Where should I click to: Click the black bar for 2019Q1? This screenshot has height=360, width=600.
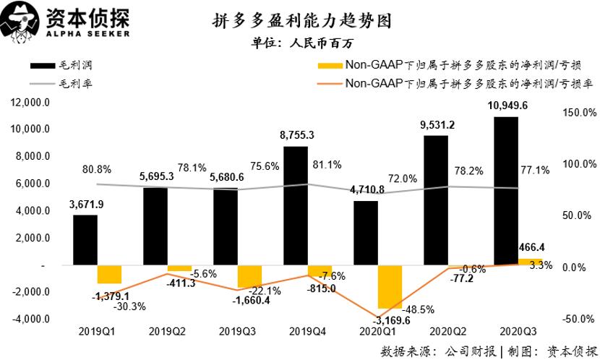coord(85,240)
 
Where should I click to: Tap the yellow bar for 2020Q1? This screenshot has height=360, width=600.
coord(389,287)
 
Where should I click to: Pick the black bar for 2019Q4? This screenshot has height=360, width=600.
coord(295,206)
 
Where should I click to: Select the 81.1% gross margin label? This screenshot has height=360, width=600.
coord(327,165)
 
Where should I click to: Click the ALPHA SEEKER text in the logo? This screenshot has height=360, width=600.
coord(90,33)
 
